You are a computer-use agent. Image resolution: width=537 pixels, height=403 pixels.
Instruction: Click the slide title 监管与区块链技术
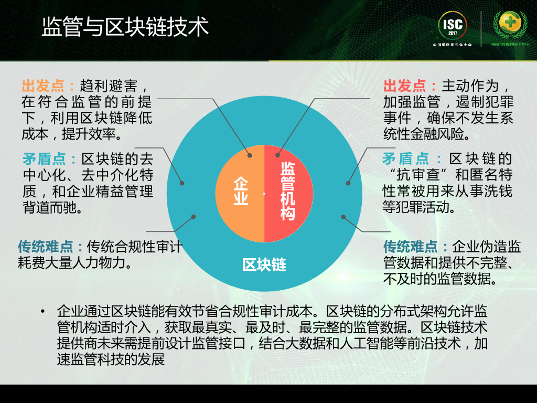125,27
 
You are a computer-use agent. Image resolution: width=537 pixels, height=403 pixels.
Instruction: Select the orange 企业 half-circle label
241,191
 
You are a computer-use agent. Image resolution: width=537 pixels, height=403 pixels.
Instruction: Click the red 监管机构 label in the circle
287,191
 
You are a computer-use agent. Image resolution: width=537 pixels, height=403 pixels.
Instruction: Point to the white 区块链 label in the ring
264,264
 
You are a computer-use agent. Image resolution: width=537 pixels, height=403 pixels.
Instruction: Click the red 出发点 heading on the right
405,86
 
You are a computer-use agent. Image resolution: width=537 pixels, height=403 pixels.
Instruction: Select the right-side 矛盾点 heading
406,158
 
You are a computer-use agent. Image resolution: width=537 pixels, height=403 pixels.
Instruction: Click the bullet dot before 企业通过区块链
42,312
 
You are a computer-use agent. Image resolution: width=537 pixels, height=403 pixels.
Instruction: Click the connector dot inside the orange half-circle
250,155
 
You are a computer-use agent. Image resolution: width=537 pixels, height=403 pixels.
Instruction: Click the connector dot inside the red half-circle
278,155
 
